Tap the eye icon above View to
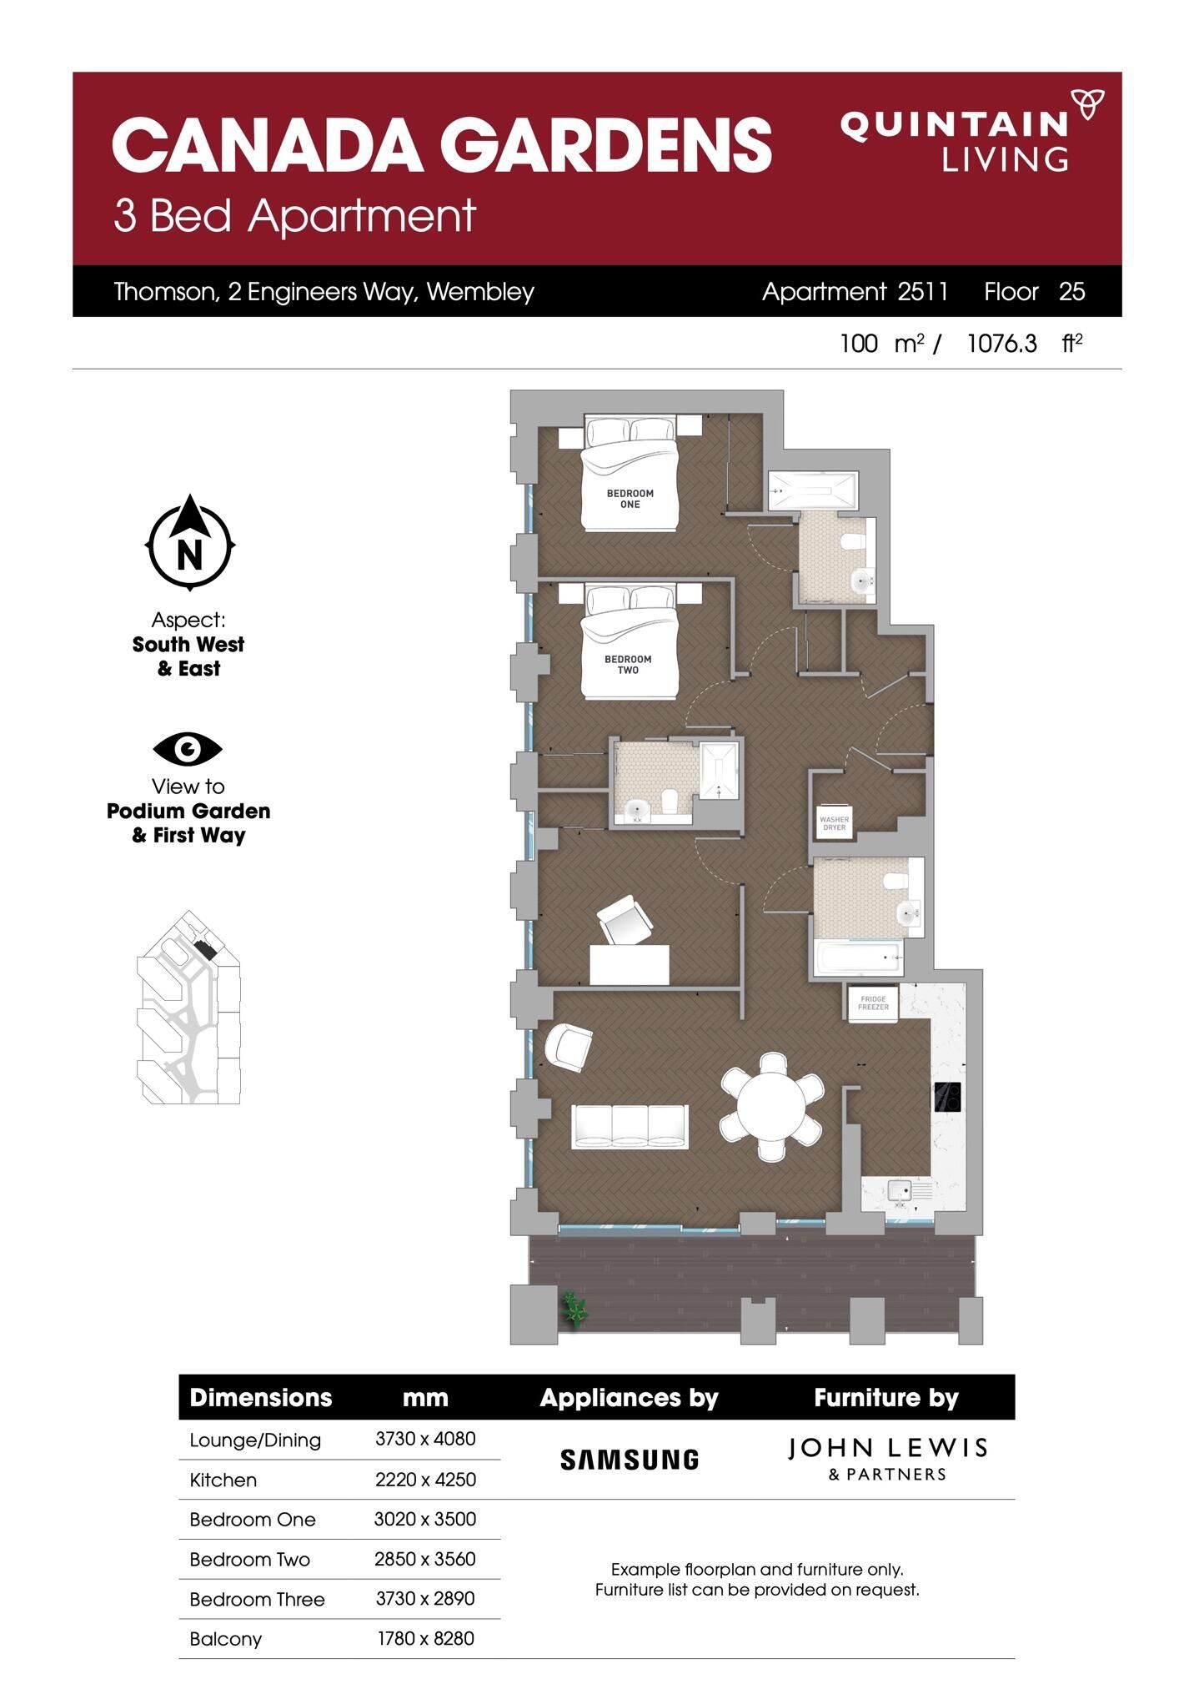(x=188, y=749)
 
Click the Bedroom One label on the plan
(x=630, y=499)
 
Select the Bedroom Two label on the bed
(x=628, y=665)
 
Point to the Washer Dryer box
(x=834, y=823)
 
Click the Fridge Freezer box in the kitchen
(x=873, y=1003)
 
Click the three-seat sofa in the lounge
(x=630, y=1126)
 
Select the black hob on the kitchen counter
(x=947, y=1097)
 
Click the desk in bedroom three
(x=630, y=964)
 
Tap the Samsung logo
(x=629, y=1459)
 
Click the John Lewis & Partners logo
(x=887, y=1458)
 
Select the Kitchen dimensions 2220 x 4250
(x=425, y=1480)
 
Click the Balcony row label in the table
(x=226, y=1639)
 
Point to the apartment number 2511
(x=923, y=291)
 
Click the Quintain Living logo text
(x=954, y=140)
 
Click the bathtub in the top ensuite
(x=811, y=490)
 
